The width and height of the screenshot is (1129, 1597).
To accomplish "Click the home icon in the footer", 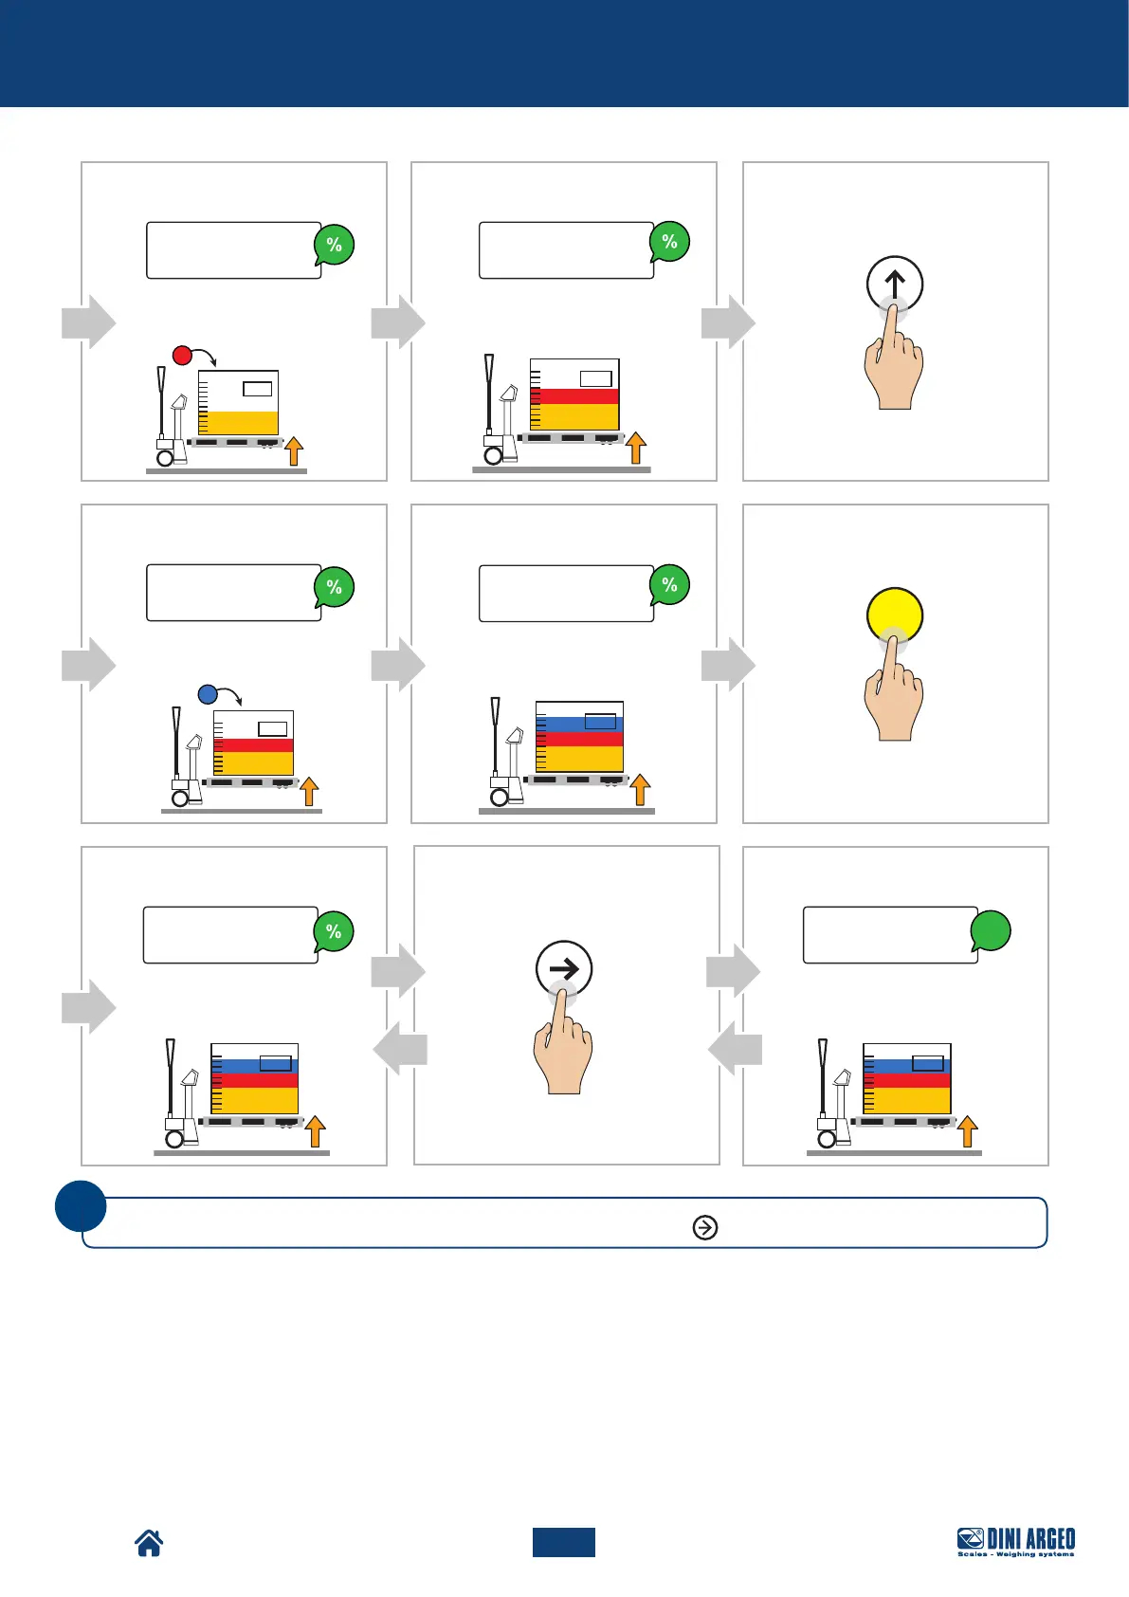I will coord(149,1543).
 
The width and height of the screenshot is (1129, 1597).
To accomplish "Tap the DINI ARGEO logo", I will coord(1015,1541).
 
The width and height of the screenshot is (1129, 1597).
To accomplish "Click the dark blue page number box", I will coord(563,1542).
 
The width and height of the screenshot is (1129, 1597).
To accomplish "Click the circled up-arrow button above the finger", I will coord(895,283).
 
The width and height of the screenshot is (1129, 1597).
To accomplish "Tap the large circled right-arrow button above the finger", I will coord(564,968).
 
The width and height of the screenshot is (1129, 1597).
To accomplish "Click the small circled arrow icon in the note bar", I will coord(705,1227).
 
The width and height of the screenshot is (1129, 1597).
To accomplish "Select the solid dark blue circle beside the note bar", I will coord(81,1205).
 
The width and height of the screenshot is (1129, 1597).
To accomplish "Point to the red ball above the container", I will coord(182,356).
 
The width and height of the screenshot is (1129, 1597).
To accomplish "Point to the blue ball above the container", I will coord(209,694).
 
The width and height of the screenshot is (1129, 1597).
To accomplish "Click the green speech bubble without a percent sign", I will coord(991,930).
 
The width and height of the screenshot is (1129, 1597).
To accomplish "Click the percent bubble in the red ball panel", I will coord(334,245).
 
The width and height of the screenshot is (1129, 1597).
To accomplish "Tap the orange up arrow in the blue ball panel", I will coord(309,791).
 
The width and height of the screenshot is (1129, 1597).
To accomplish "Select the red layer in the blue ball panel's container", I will coord(254,745).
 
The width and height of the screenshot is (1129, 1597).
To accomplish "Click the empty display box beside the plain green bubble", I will coord(889,935).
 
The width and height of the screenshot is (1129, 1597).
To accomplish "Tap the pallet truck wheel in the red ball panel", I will coord(165,457).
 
